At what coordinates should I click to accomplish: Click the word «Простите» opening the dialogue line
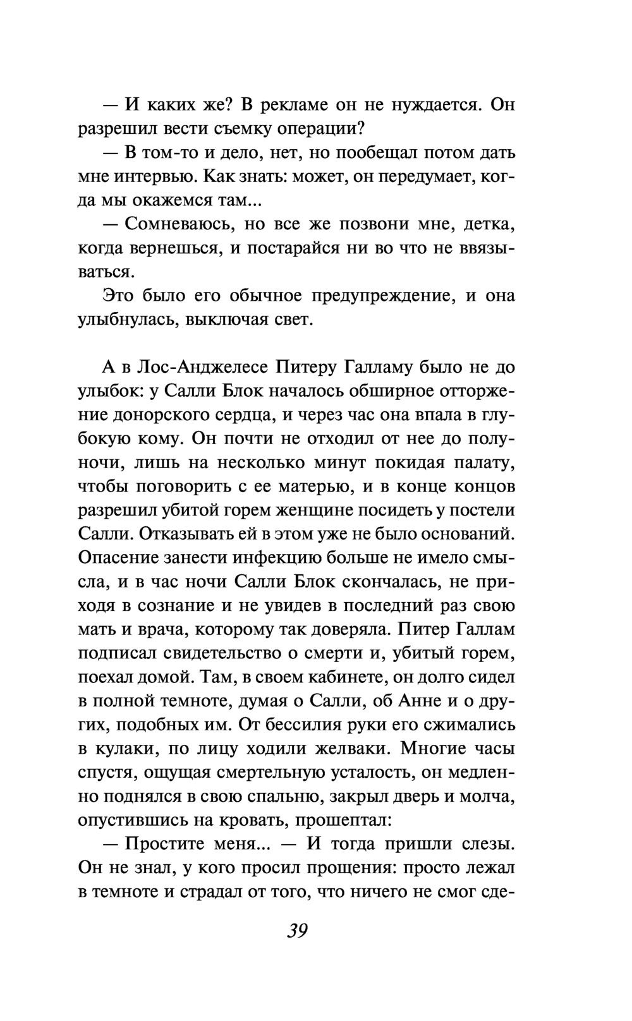tap(167, 845)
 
